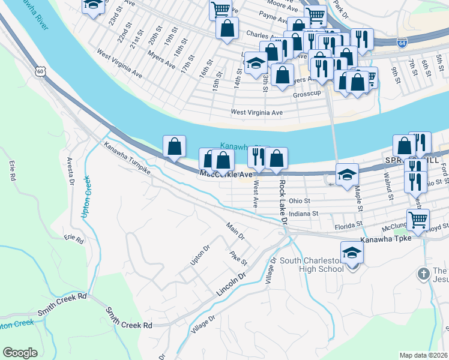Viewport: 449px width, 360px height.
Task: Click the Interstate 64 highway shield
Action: coord(402,42)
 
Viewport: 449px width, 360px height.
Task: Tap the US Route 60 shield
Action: coord(40,71)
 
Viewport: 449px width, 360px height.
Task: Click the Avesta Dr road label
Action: coord(70,170)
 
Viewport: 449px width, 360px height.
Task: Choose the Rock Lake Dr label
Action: coord(283,204)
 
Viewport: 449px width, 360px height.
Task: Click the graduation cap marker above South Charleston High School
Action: coord(352,253)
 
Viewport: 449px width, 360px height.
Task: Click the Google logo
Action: coord(20,353)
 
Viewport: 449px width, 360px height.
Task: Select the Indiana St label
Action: coord(311,212)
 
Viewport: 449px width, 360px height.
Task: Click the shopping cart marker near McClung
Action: coord(418,220)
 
